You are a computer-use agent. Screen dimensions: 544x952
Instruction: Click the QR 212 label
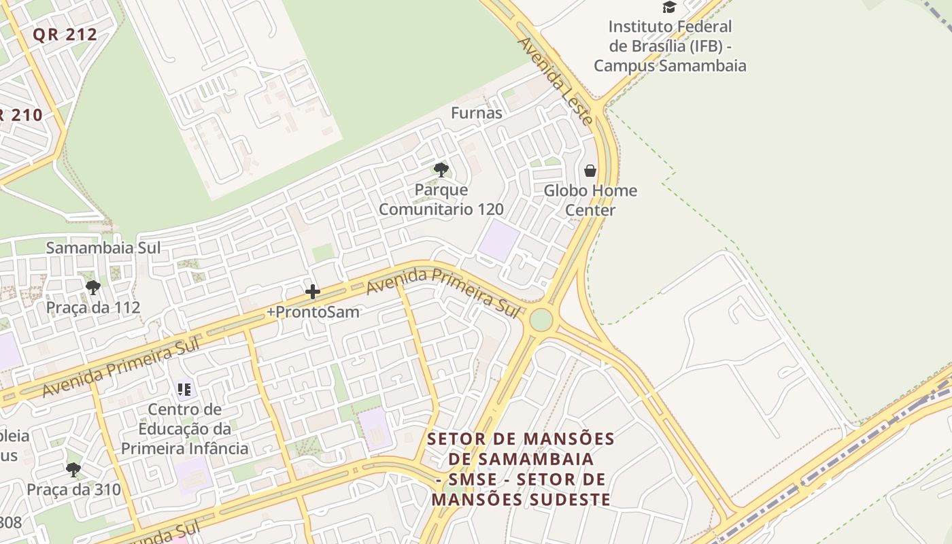65,35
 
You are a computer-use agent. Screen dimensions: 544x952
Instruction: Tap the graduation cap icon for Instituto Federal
670,7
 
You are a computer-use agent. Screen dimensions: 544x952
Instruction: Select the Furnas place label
477,113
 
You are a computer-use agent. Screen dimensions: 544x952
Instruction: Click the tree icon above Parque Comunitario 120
441,170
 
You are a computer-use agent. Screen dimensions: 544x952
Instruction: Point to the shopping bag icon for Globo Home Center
590,171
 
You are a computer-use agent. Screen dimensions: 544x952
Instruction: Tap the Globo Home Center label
590,200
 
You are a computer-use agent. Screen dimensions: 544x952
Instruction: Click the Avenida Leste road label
554,80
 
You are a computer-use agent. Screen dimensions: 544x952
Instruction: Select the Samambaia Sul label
103,248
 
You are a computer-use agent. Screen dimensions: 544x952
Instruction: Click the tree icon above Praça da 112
93,288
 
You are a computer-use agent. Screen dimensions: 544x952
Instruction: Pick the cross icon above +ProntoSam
313,292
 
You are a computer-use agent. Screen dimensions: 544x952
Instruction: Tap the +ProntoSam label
313,312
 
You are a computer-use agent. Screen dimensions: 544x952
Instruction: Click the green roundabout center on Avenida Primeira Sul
541,320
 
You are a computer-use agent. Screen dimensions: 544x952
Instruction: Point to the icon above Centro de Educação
184,390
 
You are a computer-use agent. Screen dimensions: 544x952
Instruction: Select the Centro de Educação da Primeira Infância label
184,429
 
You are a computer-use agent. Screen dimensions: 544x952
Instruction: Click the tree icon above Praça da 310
73,469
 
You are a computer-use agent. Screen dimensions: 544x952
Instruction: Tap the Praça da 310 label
73,490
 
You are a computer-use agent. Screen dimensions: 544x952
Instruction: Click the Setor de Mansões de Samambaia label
521,469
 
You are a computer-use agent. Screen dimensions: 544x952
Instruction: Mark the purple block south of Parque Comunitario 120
498,240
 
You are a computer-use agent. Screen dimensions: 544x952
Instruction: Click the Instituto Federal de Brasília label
670,46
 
